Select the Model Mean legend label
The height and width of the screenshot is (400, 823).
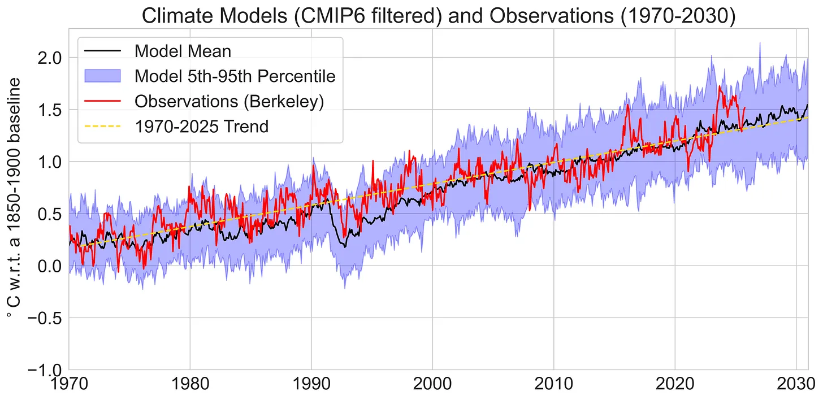coord(183,51)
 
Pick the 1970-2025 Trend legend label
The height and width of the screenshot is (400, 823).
coord(201,126)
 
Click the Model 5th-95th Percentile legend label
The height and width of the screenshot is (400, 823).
coord(235,76)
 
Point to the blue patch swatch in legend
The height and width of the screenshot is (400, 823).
coord(102,76)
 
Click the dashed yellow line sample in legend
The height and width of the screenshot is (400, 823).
coord(102,126)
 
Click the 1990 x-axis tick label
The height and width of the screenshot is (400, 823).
coord(311,387)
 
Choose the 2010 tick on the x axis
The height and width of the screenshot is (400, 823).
coord(553,387)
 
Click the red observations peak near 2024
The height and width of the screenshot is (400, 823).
coord(720,86)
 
